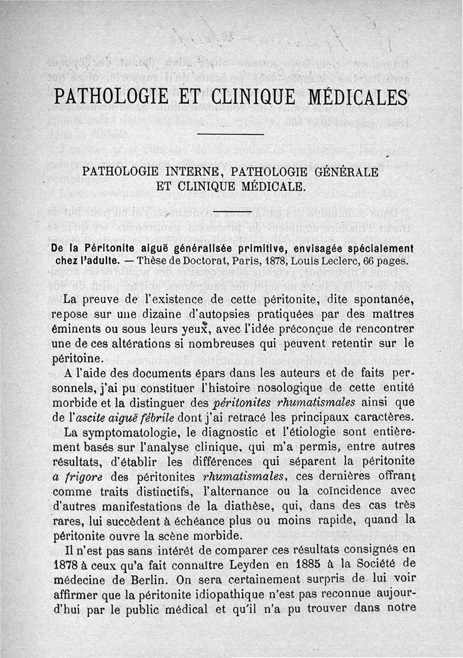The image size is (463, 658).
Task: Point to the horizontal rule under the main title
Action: click(231, 135)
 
